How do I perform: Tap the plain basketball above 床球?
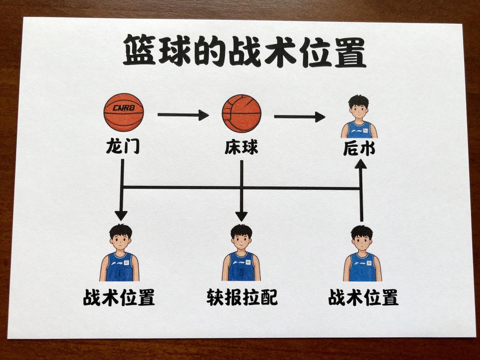(x=242, y=113)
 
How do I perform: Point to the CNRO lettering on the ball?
(x=123, y=108)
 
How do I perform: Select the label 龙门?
(x=122, y=147)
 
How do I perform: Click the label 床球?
(x=241, y=147)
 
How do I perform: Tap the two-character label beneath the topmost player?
(x=359, y=149)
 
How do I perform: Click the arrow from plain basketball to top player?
(x=299, y=117)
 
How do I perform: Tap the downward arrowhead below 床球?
(x=241, y=216)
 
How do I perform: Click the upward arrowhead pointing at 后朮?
(x=361, y=164)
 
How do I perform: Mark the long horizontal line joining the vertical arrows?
(x=242, y=188)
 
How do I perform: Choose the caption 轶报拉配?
(x=242, y=297)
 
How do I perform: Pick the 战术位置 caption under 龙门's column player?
(x=119, y=297)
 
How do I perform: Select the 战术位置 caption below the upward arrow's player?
(x=363, y=297)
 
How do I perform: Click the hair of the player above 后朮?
(x=359, y=101)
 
